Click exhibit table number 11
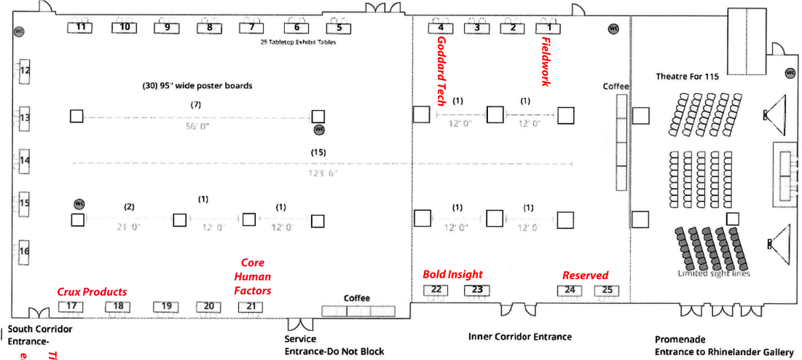(x=81, y=27)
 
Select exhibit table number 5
(x=339, y=28)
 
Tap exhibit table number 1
(x=550, y=28)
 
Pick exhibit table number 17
(x=71, y=305)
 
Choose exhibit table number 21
(x=251, y=305)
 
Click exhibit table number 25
(x=608, y=290)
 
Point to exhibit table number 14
(x=25, y=160)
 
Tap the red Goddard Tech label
(x=441, y=71)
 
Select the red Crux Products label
(x=92, y=292)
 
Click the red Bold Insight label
(x=452, y=275)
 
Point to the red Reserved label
(x=585, y=275)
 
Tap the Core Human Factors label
(x=253, y=277)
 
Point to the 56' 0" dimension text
(x=196, y=125)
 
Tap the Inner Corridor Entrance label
(x=519, y=337)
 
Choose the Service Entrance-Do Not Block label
(x=334, y=345)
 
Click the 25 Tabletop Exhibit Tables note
(x=299, y=42)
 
